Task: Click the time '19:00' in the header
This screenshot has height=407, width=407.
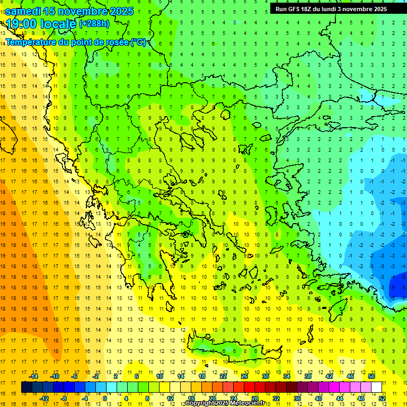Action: [23, 23]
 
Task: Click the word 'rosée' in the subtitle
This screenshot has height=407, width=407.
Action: [117, 42]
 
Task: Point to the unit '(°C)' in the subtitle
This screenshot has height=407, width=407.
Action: [138, 42]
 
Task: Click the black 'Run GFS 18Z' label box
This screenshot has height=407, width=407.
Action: [331, 9]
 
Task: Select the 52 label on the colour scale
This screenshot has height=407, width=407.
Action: [382, 399]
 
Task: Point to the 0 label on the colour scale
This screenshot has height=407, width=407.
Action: [105, 399]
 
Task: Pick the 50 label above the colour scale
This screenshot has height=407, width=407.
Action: [371, 376]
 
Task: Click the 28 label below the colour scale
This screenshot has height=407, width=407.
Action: [254, 399]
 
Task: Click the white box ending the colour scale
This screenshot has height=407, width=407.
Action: [376, 387]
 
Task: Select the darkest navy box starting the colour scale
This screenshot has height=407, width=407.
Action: [26, 387]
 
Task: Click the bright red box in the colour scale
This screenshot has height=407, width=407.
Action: [249, 387]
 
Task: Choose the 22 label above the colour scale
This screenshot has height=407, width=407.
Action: [223, 376]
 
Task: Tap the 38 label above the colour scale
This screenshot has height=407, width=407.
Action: [308, 376]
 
